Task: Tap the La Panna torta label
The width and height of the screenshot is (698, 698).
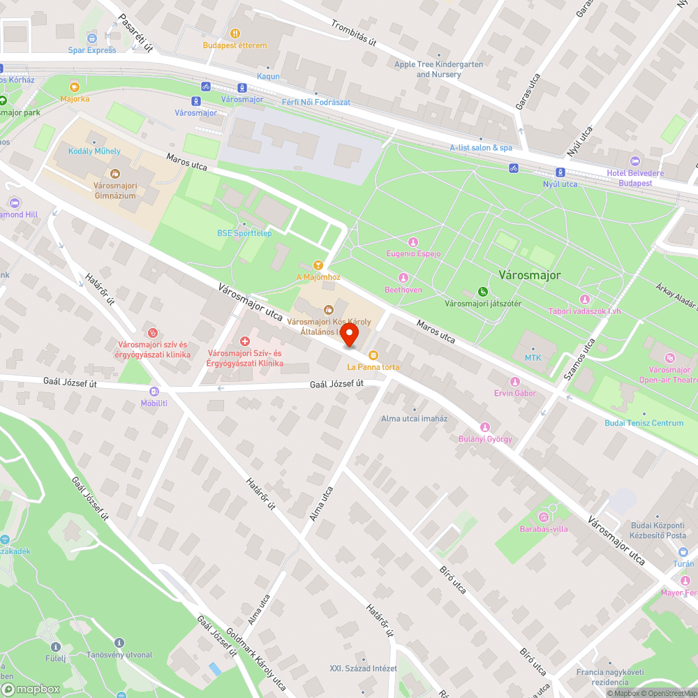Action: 373,366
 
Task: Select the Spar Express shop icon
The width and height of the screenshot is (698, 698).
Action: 92,38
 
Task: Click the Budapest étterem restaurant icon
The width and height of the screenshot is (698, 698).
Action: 235,33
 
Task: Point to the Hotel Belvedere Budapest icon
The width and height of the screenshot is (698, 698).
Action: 634,161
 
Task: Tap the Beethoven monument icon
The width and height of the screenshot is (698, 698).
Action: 403,277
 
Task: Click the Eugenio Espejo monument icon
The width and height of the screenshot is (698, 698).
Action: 413,242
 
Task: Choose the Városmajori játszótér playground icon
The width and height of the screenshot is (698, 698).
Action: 483,291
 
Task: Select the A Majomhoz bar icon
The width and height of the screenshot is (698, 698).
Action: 318,265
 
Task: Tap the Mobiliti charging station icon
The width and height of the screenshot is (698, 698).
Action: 154,391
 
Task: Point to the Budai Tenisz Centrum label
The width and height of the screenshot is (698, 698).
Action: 644,423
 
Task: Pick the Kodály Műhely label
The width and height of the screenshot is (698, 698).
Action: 94,151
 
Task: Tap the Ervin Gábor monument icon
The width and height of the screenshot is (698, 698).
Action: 514,381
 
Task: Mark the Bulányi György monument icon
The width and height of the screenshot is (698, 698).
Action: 485,427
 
